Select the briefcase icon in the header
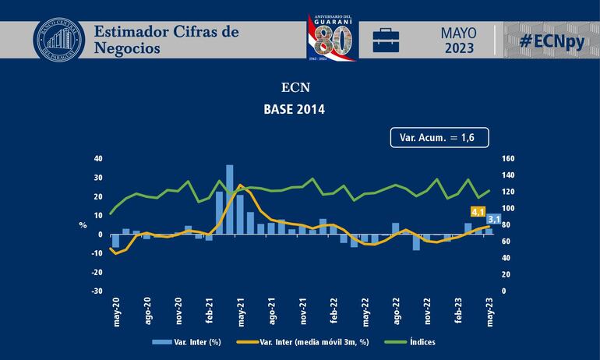[386, 40]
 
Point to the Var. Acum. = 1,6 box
[432, 137]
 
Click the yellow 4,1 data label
[478, 210]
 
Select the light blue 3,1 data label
[493, 218]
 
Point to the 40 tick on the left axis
[97, 158]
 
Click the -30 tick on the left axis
[96, 291]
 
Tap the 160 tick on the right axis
[508, 158]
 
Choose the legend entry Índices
[421, 342]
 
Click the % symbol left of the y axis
[82, 225]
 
